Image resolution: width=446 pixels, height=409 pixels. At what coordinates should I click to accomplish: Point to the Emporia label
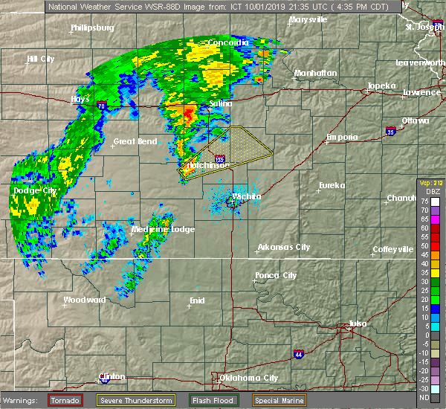click(342, 137)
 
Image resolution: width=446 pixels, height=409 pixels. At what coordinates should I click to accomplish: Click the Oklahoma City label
click(249, 378)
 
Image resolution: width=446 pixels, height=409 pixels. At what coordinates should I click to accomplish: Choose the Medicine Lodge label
click(163, 229)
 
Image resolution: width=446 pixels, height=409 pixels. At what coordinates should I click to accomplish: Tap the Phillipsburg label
click(92, 28)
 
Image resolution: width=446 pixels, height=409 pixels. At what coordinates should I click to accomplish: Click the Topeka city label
click(381, 86)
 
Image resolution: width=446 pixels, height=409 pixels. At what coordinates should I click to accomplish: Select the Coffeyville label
click(392, 249)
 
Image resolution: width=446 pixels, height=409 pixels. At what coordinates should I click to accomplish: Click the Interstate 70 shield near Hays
click(101, 106)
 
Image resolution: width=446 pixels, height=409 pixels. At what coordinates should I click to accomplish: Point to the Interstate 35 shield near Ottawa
click(391, 132)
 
